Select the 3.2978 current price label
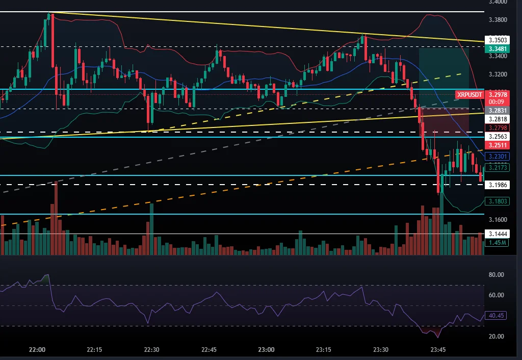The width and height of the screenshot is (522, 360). coord(497,94)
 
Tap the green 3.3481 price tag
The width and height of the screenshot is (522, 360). coord(497,48)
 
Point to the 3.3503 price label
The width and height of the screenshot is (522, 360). coord(497,39)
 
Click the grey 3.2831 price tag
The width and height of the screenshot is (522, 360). coord(497,110)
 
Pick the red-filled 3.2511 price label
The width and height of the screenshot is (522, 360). coord(497,145)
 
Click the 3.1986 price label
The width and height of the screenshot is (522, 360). coord(497,185)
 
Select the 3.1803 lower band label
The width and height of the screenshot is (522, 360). coord(497,201)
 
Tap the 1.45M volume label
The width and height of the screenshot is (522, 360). coord(497,243)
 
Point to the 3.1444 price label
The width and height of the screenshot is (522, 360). coord(497,234)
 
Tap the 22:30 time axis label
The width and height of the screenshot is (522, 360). coord(152,350)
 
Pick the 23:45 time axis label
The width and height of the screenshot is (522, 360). coord(438,350)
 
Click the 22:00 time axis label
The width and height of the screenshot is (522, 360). coord(37,350)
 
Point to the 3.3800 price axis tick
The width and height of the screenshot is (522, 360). coord(497,20)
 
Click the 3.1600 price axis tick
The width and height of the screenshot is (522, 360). coord(497,220)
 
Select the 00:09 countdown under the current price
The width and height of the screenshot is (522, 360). coord(497,101)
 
